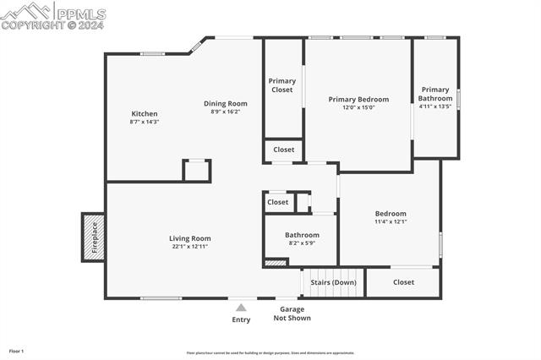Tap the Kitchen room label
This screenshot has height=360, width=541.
(x=144, y=114)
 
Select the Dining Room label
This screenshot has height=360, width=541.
(x=226, y=103)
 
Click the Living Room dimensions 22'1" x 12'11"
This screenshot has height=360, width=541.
(x=189, y=247)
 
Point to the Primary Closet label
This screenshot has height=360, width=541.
(x=282, y=85)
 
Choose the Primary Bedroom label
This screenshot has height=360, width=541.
(x=358, y=99)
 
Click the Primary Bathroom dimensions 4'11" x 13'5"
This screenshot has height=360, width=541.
(x=435, y=107)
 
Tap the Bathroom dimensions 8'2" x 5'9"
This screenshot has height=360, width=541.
(x=302, y=243)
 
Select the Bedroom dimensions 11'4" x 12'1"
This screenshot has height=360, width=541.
(x=391, y=222)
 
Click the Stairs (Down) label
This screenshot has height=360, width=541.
(x=333, y=282)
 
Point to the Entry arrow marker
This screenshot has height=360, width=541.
(x=242, y=308)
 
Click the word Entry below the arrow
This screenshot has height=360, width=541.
(x=242, y=319)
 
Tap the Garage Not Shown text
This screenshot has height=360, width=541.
(x=292, y=314)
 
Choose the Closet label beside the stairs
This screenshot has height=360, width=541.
(x=403, y=282)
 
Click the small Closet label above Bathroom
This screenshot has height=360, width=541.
(x=277, y=203)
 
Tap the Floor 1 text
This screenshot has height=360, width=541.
(x=16, y=351)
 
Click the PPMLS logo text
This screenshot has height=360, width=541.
(x=79, y=14)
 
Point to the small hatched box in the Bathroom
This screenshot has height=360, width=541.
(x=276, y=263)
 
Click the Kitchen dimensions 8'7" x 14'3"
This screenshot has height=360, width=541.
(x=144, y=123)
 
